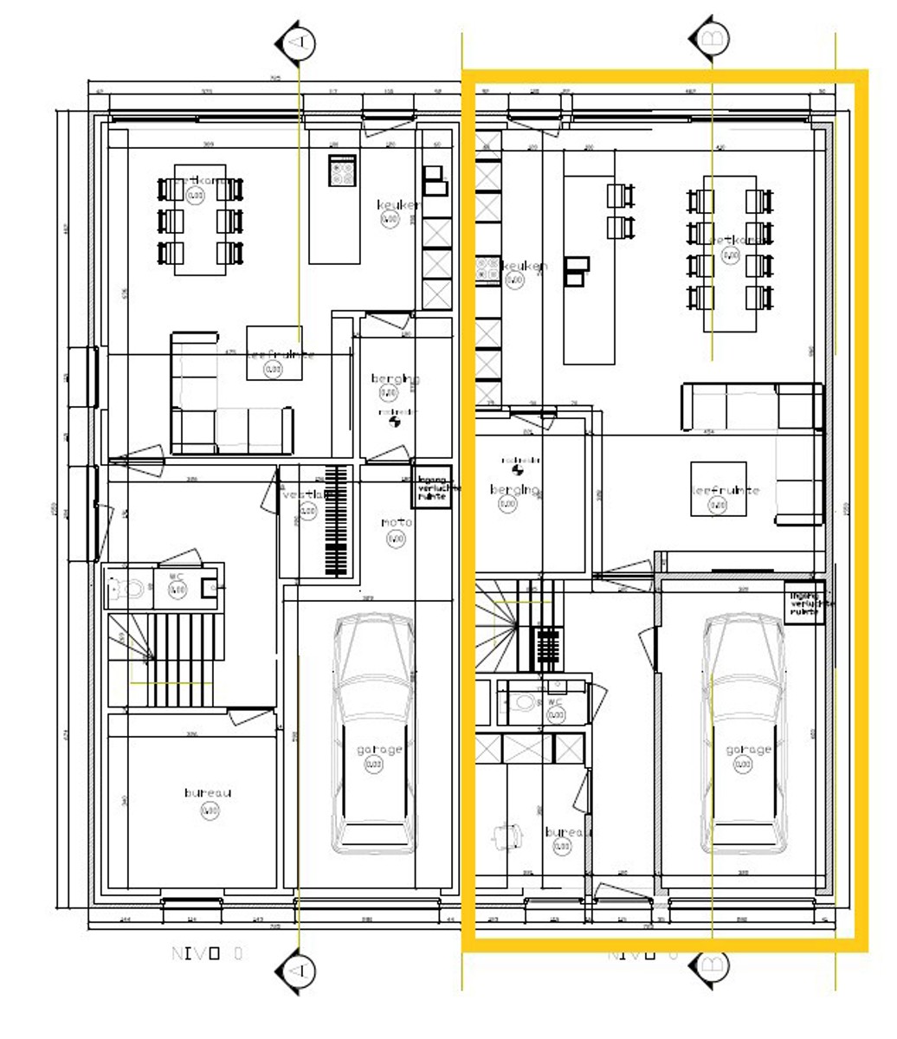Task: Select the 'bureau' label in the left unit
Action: [208, 792]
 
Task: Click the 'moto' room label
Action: [397, 523]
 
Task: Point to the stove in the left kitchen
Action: [342, 170]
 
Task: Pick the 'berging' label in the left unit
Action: [396, 378]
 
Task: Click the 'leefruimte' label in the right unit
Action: [726, 490]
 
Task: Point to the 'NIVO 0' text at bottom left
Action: [208, 954]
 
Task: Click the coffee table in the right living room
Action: [718, 490]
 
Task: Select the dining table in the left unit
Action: [200, 219]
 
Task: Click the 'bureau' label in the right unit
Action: [568, 832]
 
